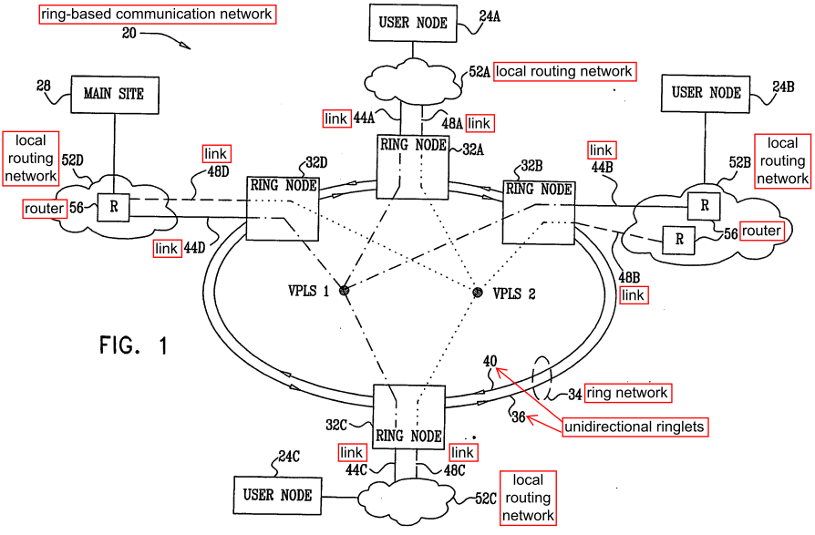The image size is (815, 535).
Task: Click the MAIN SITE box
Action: tap(114, 95)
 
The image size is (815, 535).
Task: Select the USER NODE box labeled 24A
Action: tap(413, 23)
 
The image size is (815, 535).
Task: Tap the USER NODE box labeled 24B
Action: tap(706, 94)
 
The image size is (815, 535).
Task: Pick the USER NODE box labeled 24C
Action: tap(277, 496)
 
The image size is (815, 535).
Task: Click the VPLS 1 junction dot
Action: tap(344, 291)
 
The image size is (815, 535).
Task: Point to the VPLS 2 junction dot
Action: tap(478, 293)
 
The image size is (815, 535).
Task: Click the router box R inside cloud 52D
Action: tap(114, 207)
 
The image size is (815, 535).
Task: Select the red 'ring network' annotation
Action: tap(627, 393)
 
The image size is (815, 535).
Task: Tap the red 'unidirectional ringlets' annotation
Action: tap(634, 427)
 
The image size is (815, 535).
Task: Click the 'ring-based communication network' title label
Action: tap(157, 14)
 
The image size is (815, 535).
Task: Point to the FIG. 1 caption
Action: tap(134, 345)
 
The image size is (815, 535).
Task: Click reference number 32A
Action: tap(473, 150)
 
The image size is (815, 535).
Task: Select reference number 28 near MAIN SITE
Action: tap(43, 85)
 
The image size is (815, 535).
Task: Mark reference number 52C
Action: tap(486, 499)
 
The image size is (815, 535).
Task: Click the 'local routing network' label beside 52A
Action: tap(564, 71)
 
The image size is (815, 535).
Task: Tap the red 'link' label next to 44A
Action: tap(335, 119)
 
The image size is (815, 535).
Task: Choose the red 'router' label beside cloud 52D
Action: tap(44, 209)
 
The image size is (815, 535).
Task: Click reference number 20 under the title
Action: tap(129, 34)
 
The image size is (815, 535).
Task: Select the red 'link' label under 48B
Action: tap(633, 295)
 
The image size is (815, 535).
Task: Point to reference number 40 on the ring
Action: tap(490, 361)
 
